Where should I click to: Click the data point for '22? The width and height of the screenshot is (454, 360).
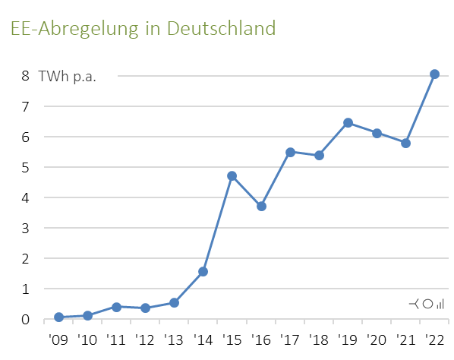point(434,74)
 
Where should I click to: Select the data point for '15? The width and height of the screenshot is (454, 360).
point(232,176)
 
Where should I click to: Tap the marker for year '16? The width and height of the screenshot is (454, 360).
point(261,206)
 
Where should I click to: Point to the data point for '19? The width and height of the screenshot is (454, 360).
point(348,122)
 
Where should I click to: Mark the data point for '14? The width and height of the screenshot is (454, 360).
point(203,271)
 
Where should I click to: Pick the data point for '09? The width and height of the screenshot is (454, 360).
point(58,317)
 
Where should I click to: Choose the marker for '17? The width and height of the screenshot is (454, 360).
point(290,152)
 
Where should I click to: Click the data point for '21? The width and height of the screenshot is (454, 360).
point(405,143)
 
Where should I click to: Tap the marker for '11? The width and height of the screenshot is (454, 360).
point(116,307)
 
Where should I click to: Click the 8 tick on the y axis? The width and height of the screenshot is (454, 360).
point(25,76)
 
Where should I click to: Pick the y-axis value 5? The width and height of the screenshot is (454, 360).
point(25,167)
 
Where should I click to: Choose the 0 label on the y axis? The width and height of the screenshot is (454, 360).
point(25,319)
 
